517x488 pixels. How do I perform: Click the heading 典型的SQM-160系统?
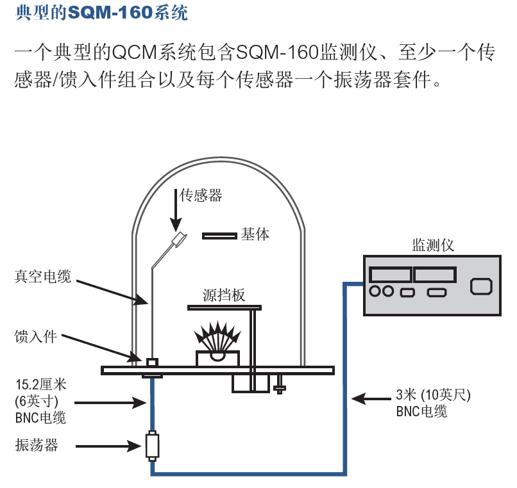[x=101, y=12]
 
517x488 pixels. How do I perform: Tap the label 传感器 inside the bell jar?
[x=201, y=195]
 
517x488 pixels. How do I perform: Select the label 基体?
[x=255, y=234]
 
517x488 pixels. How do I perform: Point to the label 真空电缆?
[x=43, y=276]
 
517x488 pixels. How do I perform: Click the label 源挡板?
[x=224, y=295]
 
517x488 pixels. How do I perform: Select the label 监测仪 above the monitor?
[x=433, y=245]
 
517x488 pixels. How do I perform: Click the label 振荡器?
[x=37, y=445]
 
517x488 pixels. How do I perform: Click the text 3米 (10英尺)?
[x=433, y=394]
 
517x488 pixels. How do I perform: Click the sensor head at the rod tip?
[x=179, y=240]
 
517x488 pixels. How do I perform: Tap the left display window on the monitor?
[x=389, y=275]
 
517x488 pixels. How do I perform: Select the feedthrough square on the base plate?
[x=152, y=363]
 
